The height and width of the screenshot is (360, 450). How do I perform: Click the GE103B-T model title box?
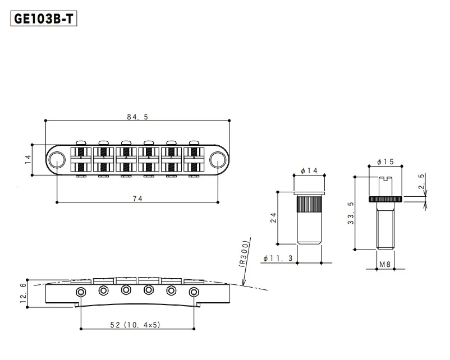[x=44, y=19]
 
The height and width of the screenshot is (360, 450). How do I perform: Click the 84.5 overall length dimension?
[x=137, y=117]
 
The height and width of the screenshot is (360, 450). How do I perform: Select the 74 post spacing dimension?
[x=137, y=199]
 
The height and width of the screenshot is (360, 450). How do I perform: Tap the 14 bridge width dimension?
[x=28, y=159]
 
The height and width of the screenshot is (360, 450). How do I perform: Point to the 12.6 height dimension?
[x=23, y=293]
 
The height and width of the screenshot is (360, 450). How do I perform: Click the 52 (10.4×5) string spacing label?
[x=135, y=325]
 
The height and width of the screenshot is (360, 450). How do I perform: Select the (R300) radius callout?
[x=244, y=254]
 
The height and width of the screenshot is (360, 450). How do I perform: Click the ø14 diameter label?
[x=309, y=171]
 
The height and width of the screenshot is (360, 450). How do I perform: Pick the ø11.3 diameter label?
[x=278, y=258]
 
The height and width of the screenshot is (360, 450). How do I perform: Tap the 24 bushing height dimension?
[x=273, y=218]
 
